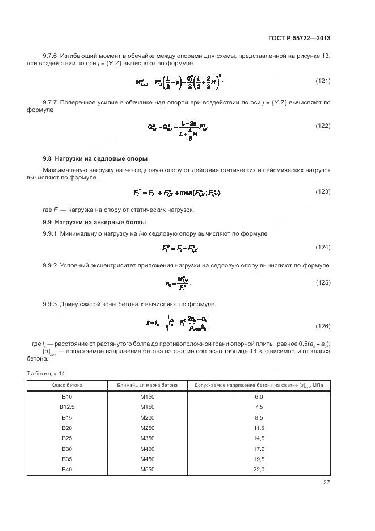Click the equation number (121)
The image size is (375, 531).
pyautogui.click(x=323, y=81)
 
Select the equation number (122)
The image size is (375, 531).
pyautogui.click(x=323, y=126)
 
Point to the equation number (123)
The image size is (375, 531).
pyautogui.click(x=323, y=191)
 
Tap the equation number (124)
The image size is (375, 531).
pyautogui.click(x=323, y=247)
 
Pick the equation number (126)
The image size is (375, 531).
pyautogui.click(x=323, y=326)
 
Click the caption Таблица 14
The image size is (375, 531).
pyautogui.click(x=47, y=373)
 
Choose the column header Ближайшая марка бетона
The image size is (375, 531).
pyautogui.click(x=148, y=386)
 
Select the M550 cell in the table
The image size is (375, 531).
pyautogui.click(x=148, y=470)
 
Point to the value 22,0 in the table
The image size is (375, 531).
pyautogui.click(x=258, y=470)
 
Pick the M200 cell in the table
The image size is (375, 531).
pyautogui.click(x=148, y=417)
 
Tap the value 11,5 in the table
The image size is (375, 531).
pyautogui.click(x=258, y=428)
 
